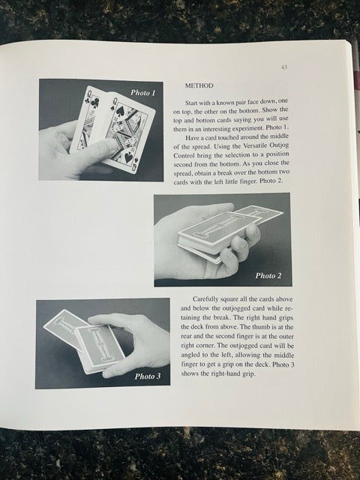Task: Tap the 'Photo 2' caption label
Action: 268,275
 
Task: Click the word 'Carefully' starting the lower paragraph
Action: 208,298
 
